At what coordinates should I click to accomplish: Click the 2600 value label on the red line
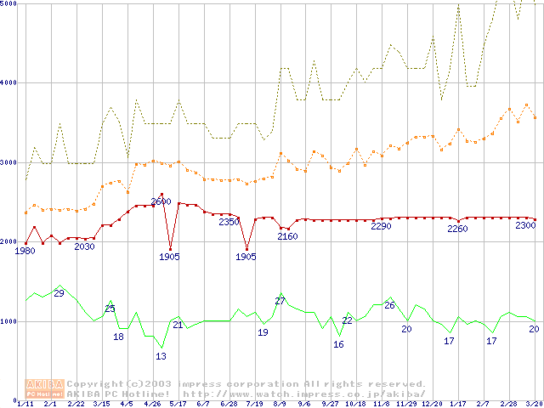161,202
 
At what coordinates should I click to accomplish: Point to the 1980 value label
25,251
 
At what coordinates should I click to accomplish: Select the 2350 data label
229,223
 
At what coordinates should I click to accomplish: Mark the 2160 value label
288,236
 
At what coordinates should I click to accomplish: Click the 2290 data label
382,226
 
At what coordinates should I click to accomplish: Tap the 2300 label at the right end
525,225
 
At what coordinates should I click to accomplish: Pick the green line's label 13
161,356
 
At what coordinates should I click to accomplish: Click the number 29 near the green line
59,293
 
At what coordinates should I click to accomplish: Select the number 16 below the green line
338,344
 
